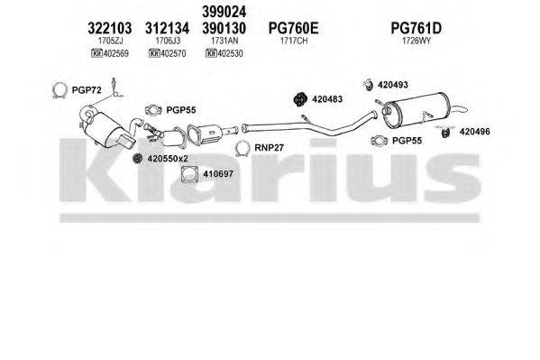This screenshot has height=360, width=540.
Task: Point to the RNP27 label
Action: click(x=269, y=148)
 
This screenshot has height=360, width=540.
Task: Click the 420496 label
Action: click(x=474, y=132)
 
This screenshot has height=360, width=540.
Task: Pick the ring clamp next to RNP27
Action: click(x=242, y=149)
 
